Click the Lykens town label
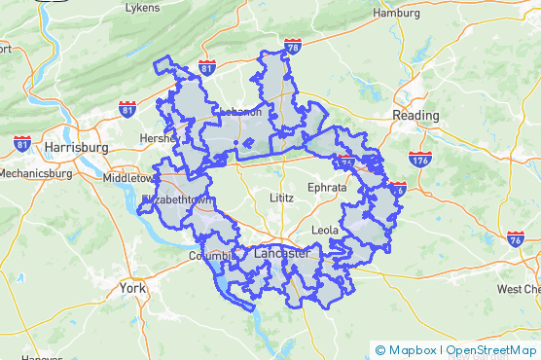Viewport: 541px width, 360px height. tap(142, 8)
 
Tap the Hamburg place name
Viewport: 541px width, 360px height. tap(395, 14)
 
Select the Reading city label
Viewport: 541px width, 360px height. tap(415, 115)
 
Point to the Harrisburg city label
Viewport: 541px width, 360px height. tap(75, 147)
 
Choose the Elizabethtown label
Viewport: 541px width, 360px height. tap(176, 199)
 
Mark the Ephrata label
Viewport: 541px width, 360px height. tap(325, 186)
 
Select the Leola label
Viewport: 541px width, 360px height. tap(325, 230)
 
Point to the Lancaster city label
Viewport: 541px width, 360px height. tap(280, 253)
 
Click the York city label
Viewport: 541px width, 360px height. tap(131, 288)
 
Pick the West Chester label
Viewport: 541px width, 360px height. tap(518, 289)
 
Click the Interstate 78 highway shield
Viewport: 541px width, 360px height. tap(294, 46)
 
